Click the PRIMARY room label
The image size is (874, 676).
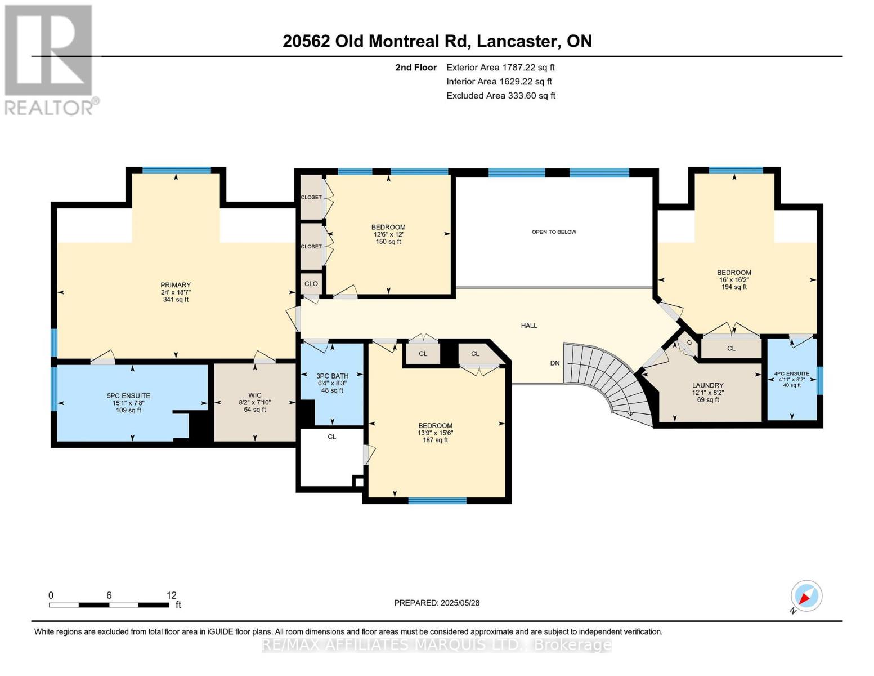pos(176,286)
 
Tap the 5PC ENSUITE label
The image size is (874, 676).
pos(128,396)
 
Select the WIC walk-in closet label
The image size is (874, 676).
pos(255,395)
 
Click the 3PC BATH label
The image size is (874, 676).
pos(332,376)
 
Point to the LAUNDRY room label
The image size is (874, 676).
pos(707,386)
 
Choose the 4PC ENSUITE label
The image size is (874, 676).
pos(791,373)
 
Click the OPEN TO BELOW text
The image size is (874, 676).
pos(554,232)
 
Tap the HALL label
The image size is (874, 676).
pos(528,326)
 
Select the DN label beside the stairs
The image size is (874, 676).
pos(555,363)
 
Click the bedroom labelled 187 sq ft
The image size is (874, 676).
pos(435,433)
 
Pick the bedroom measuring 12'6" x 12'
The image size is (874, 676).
pos(388,234)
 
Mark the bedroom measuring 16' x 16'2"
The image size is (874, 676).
pos(734,279)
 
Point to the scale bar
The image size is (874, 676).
pos(109,604)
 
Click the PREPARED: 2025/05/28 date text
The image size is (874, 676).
pos(437,603)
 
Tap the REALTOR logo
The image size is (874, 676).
pos(50,59)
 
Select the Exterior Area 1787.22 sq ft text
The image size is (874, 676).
pos(500,68)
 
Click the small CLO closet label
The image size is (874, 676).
pos(311,284)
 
